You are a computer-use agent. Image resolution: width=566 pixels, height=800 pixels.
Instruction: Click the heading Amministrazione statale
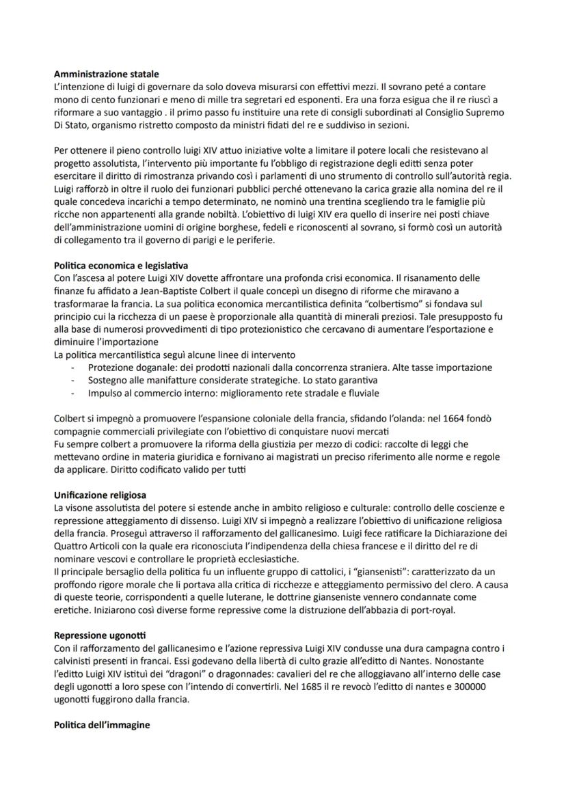click(x=106, y=73)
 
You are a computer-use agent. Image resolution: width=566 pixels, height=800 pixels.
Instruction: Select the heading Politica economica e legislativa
click(x=121, y=264)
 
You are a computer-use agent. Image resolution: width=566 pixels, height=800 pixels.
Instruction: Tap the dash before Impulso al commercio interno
click(x=73, y=393)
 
